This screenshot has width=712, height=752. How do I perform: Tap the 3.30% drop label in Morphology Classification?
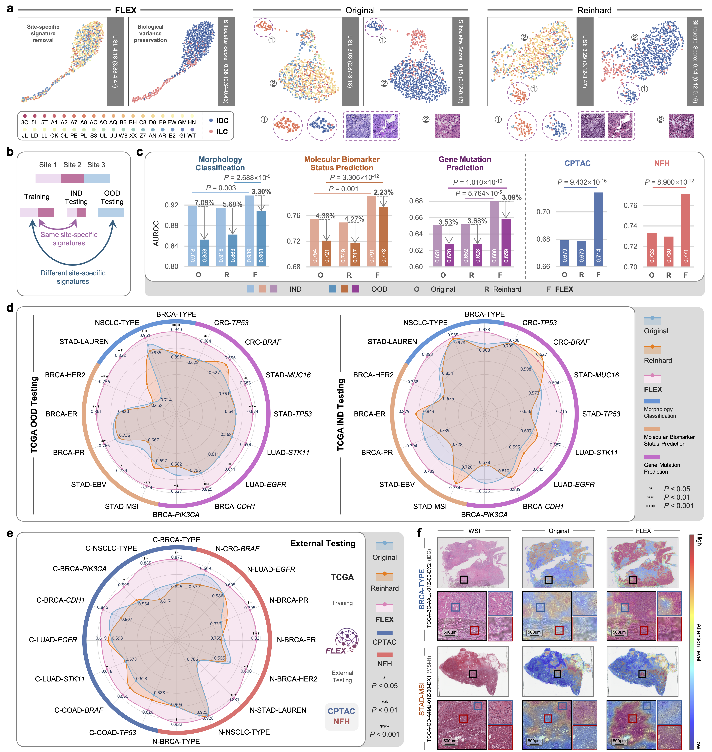(x=261, y=192)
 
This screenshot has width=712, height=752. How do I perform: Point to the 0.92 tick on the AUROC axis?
(x=171, y=205)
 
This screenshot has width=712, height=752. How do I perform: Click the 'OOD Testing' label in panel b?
(x=112, y=197)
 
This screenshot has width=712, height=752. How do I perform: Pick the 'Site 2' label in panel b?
(x=72, y=165)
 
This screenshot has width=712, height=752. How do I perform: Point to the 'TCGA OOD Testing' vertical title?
(x=34, y=415)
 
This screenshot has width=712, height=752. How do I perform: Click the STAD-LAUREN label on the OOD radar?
(x=84, y=342)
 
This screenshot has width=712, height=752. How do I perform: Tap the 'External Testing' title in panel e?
(x=323, y=544)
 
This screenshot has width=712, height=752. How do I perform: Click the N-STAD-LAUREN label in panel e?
(x=278, y=710)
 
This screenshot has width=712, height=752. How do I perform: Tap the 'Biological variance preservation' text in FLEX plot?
(x=150, y=33)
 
